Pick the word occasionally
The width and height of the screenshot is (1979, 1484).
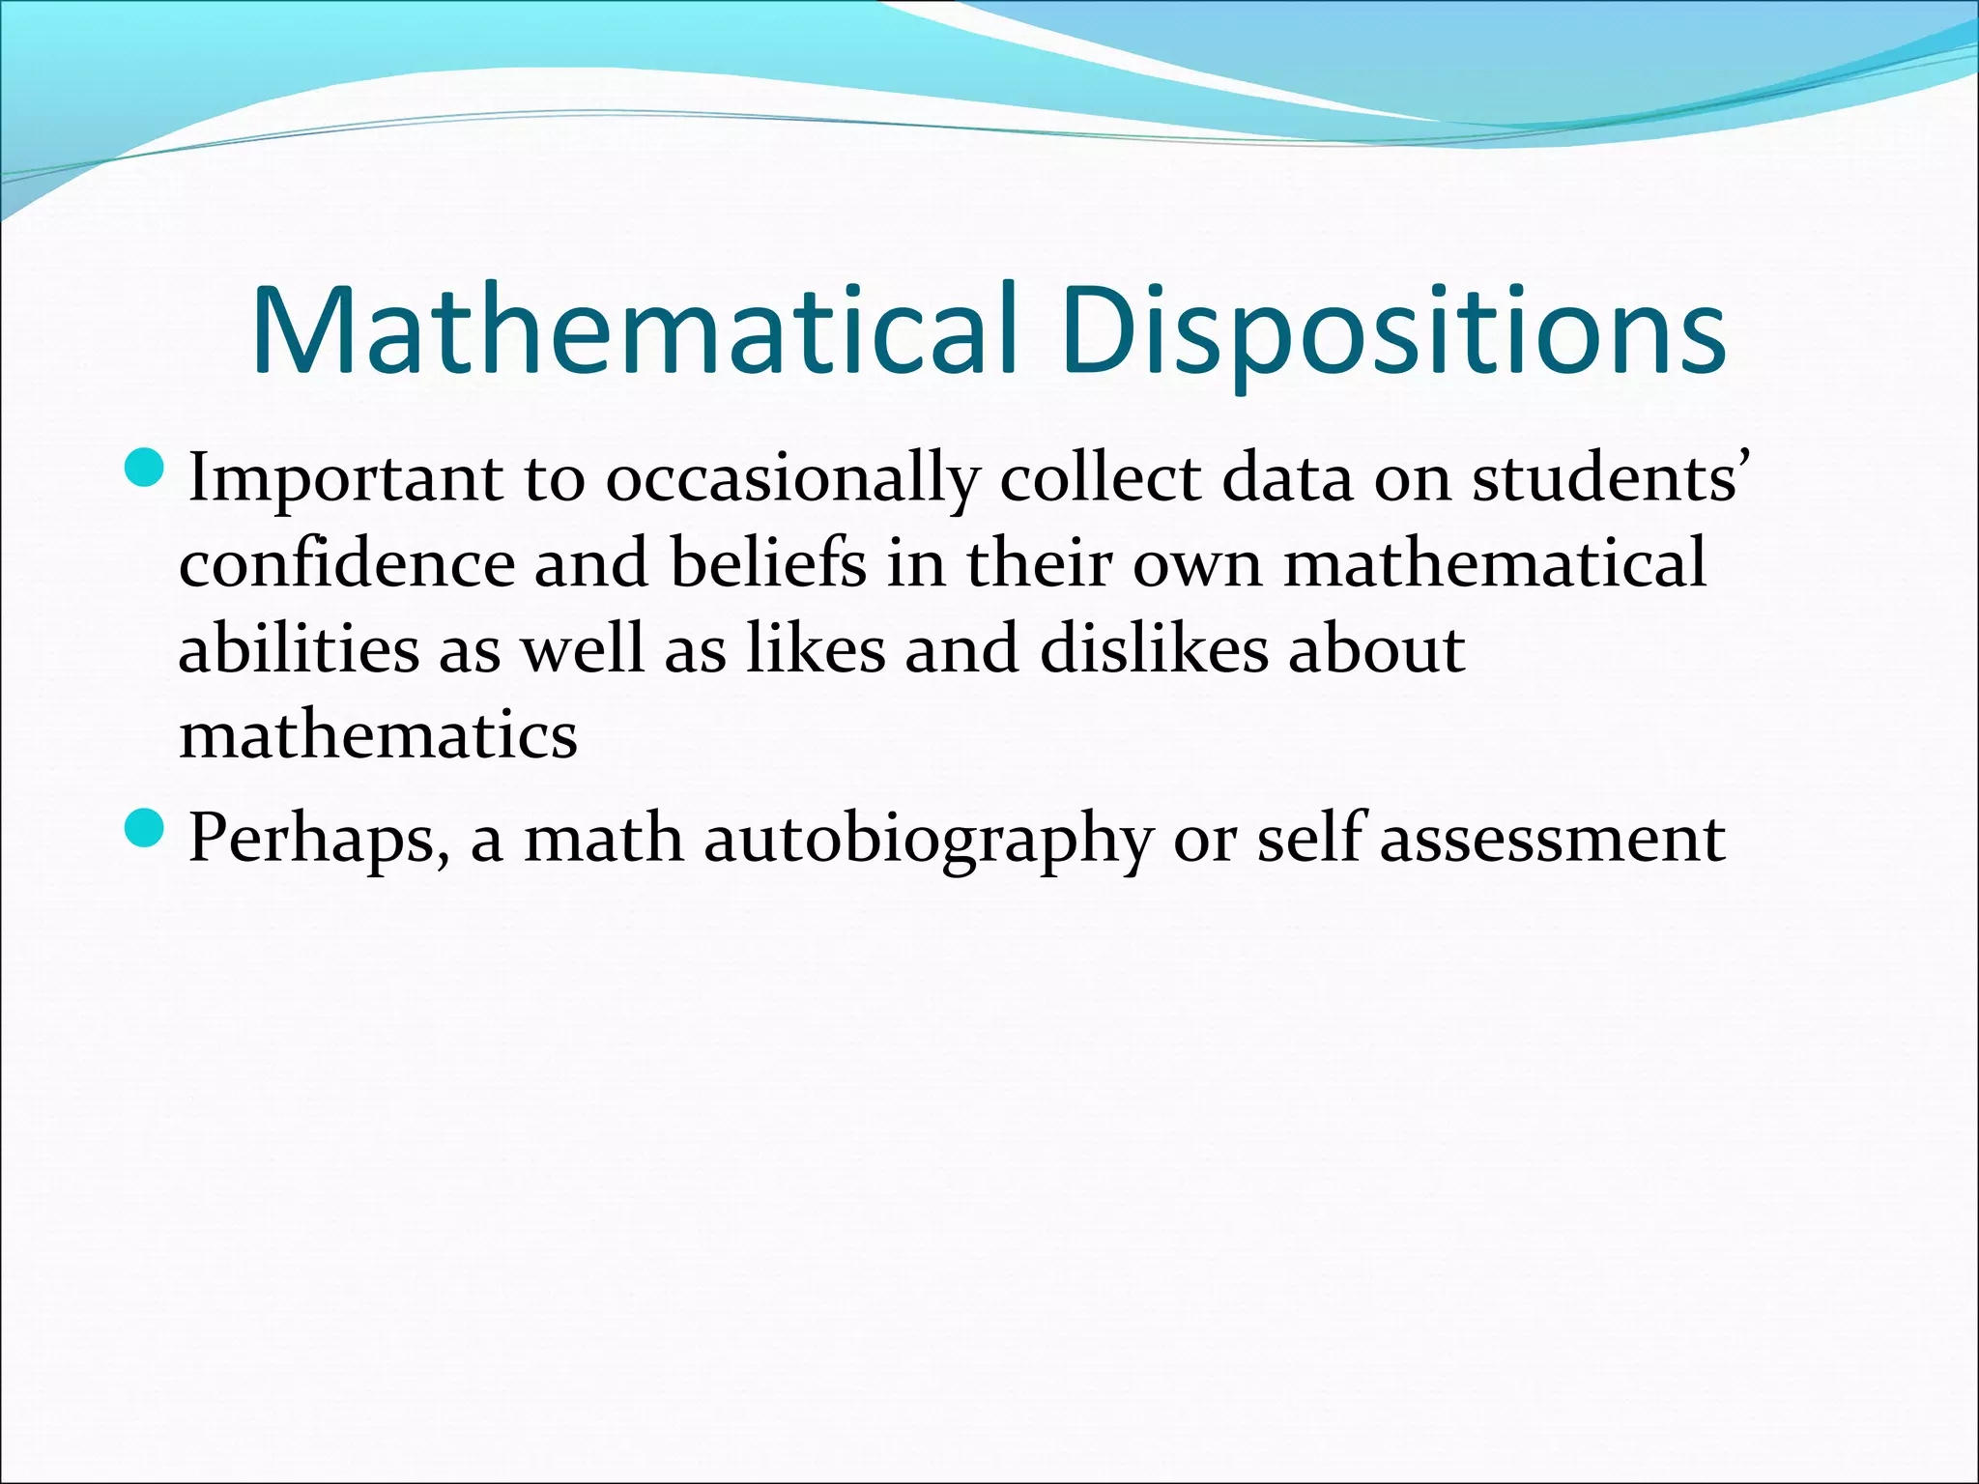point(792,478)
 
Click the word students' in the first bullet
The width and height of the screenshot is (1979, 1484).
point(1610,476)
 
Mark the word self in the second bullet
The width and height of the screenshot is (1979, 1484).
point(1309,836)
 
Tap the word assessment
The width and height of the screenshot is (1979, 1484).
point(1552,838)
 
